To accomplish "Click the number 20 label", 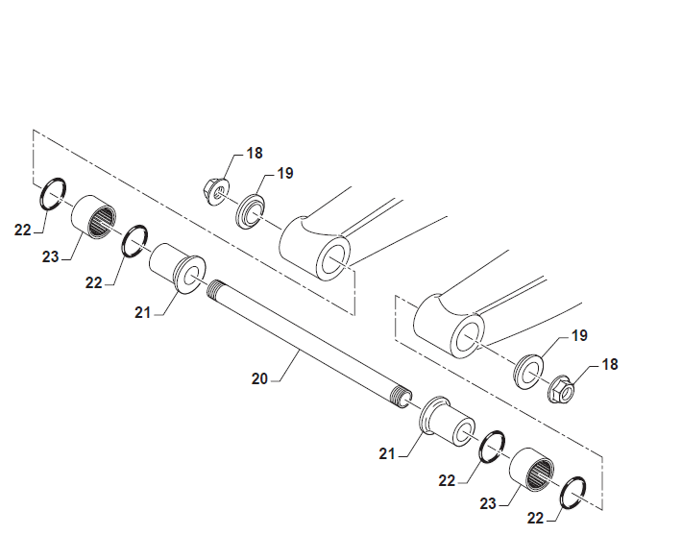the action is click(x=259, y=378).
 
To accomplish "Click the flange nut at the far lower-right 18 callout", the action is click(x=562, y=389).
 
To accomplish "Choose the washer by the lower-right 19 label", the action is click(x=528, y=372).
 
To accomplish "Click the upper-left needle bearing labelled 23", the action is click(x=94, y=217).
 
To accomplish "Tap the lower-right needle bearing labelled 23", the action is click(x=532, y=470).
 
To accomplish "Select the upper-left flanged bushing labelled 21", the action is click(x=178, y=269).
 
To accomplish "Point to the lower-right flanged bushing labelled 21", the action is click(x=447, y=422).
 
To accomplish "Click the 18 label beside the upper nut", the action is click(x=255, y=153).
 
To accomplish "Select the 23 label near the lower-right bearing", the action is click(x=488, y=503).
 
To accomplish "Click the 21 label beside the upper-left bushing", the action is click(x=143, y=312).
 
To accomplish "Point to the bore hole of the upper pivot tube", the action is click(x=334, y=259).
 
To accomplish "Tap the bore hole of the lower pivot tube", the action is click(x=469, y=337).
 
